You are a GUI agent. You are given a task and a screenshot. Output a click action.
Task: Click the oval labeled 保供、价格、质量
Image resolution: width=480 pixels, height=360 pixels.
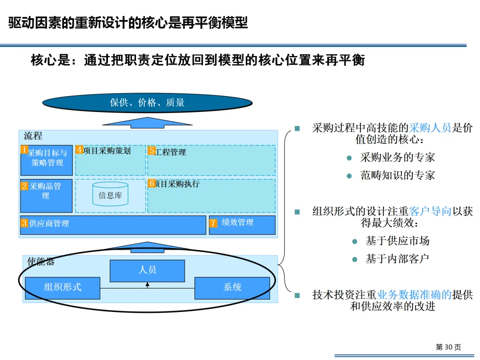147,103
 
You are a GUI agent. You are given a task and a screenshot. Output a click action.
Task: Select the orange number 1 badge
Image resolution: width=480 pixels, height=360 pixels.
24,150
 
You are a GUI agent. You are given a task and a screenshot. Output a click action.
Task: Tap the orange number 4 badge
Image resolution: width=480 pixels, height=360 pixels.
79,150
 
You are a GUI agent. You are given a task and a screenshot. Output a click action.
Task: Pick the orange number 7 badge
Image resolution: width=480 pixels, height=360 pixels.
213,223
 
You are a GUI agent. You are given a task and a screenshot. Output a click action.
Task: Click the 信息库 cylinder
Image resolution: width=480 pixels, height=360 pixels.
110,194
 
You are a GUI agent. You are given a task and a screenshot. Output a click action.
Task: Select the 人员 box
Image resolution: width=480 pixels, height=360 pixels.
147,270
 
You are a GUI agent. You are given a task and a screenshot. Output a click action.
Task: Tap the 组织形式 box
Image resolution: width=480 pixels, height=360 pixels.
62,287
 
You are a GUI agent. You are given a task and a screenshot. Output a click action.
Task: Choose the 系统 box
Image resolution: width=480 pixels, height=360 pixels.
232,287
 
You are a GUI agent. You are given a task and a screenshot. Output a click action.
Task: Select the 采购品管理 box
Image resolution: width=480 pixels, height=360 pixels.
46,196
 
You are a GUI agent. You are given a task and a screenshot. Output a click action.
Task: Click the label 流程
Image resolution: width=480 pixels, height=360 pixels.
33,136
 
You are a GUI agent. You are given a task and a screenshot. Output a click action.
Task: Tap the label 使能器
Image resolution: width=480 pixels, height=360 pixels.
41,261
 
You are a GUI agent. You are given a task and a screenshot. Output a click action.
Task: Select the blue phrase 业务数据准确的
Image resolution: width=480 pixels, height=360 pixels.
414,295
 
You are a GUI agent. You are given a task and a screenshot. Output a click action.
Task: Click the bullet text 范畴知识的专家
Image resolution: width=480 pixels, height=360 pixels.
397,175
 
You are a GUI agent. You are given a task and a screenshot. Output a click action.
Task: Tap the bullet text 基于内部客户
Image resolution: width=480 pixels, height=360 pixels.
397,259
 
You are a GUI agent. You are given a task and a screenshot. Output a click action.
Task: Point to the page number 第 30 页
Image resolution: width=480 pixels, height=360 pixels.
448,347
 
